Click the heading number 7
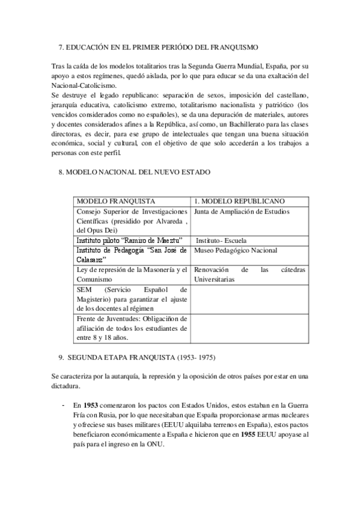coord(61,46)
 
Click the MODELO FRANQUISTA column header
coord(115,201)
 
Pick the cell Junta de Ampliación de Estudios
coord(242,212)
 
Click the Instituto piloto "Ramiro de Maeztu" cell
coord(119,241)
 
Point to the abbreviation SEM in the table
coord(84,290)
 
